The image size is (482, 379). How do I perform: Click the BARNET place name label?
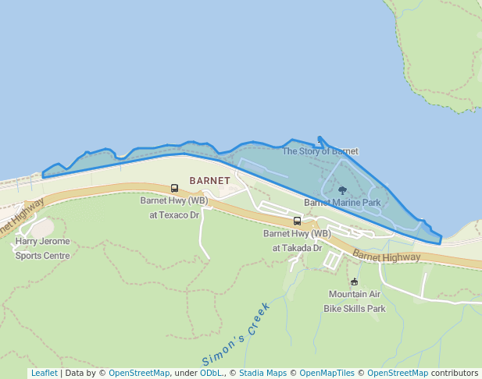point(209,181)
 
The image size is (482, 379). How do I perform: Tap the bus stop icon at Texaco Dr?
point(174,188)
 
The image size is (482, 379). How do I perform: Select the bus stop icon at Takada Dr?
point(297,221)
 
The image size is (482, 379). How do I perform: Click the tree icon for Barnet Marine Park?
point(342,190)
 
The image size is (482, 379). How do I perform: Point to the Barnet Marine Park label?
point(342,203)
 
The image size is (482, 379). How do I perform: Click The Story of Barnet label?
point(320,151)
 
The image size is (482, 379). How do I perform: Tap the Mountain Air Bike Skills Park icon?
point(355,282)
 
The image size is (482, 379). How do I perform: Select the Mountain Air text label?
point(355,295)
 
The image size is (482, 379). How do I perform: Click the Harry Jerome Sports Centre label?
point(42,249)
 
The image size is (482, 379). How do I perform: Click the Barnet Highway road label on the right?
point(386,256)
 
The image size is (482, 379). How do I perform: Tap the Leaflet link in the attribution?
point(44,374)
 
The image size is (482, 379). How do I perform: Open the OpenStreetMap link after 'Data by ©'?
point(139,374)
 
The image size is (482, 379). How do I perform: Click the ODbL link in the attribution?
point(211,374)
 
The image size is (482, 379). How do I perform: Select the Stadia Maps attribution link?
point(262,374)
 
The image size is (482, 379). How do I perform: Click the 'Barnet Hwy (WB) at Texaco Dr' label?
point(174,207)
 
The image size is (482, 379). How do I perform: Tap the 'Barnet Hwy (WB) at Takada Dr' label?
point(297,240)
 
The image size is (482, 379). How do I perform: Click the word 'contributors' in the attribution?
point(455,374)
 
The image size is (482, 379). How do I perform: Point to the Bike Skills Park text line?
point(355,309)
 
